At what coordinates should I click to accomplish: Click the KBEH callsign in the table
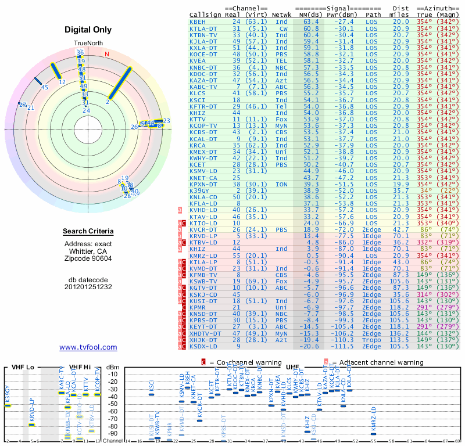(x=198, y=21)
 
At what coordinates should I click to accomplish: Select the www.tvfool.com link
(x=88, y=347)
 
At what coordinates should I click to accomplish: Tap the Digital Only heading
(x=88, y=30)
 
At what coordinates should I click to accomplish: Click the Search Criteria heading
(x=88, y=232)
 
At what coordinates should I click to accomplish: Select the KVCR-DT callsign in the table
(x=203, y=229)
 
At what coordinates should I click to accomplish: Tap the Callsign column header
(x=205, y=15)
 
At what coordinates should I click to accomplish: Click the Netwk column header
(x=282, y=15)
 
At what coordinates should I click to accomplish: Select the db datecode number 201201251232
(x=88, y=286)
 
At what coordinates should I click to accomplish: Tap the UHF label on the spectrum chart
(x=292, y=367)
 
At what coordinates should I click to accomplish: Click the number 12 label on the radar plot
(x=62, y=82)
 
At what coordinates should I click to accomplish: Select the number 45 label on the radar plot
(x=44, y=87)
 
